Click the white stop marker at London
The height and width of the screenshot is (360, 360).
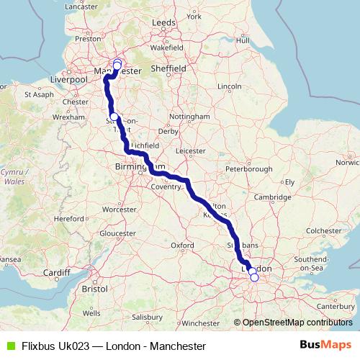click(x=253, y=277)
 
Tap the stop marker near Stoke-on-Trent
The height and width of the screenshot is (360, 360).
click(x=114, y=117)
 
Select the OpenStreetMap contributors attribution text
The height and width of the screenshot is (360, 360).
click(x=297, y=323)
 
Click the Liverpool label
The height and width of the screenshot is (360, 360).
click(x=69, y=78)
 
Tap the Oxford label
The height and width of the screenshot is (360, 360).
click(x=182, y=246)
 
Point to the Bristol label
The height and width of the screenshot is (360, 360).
click(x=94, y=288)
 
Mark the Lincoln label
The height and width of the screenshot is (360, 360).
click(x=229, y=86)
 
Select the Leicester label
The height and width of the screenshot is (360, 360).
click(x=190, y=151)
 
